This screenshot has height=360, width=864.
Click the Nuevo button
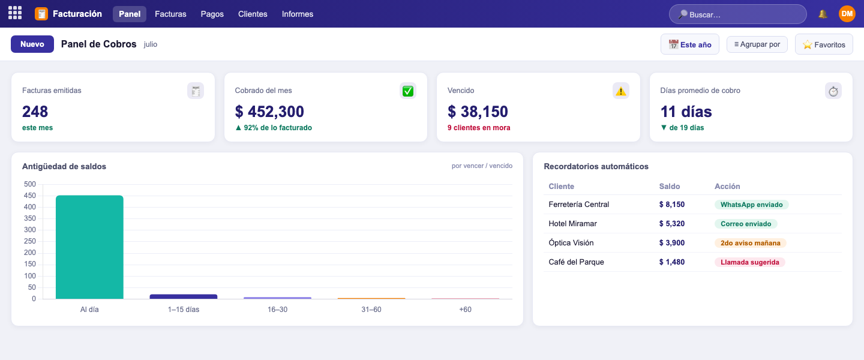32,44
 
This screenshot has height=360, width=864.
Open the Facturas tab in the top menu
170,14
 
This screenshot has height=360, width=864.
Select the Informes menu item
298,14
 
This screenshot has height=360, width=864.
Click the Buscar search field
737,14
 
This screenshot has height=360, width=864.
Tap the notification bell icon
823,14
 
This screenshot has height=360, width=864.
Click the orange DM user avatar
847,14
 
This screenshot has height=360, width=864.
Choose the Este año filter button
689,44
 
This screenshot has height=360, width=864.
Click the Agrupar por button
757,44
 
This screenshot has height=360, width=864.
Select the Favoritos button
824,44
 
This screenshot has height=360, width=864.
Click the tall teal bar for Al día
89,247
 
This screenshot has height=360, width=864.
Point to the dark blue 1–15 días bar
184,296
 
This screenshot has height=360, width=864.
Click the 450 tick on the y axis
30,196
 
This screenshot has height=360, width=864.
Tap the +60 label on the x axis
465,310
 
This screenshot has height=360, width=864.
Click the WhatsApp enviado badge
751,205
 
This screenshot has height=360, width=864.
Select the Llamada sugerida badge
750,262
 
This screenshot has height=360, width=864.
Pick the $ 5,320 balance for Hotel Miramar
672,224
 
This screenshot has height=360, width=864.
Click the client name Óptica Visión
571,243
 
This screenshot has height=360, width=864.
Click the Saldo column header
669,187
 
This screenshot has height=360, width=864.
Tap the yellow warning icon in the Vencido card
620,91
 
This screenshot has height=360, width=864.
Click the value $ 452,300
269,112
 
